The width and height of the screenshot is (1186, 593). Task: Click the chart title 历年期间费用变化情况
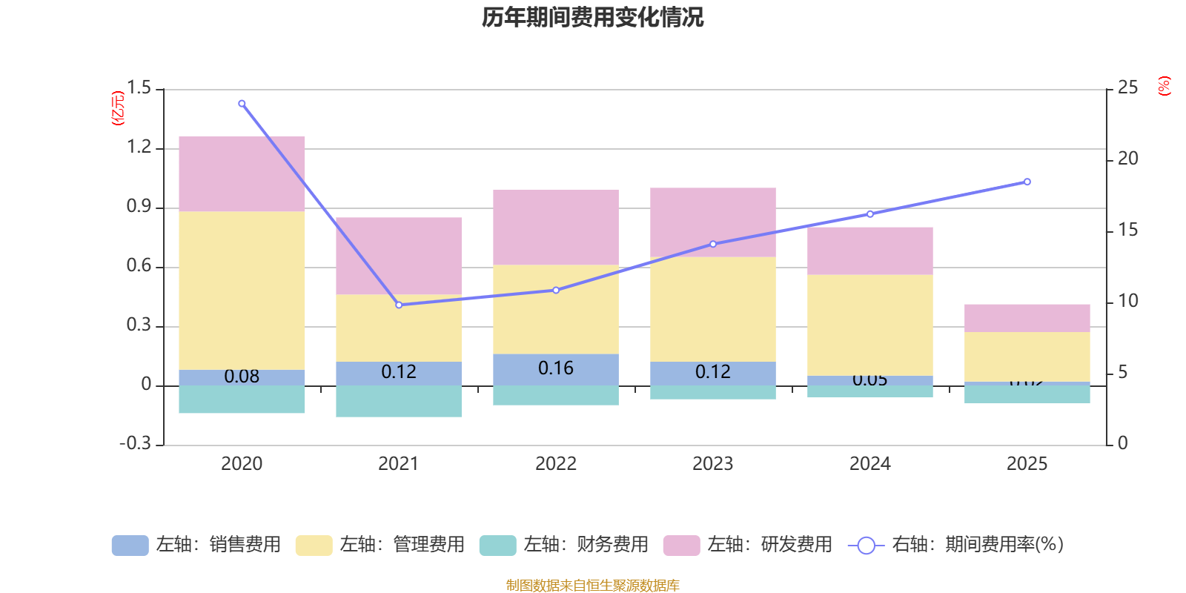click(592, 17)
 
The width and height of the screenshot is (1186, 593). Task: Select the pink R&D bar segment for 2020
click(242, 173)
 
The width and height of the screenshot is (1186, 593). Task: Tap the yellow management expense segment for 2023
click(712, 309)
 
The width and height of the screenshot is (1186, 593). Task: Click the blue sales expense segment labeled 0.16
click(556, 368)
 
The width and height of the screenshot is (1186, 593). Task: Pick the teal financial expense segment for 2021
click(399, 401)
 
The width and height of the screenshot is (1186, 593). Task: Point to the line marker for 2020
click(242, 104)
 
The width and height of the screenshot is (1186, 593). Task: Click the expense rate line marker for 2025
click(1027, 182)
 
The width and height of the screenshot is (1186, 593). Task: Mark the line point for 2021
click(399, 305)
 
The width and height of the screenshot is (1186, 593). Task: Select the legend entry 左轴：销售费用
click(196, 545)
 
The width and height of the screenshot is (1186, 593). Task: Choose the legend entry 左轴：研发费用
click(748, 545)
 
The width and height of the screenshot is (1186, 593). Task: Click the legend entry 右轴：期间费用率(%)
click(956, 545)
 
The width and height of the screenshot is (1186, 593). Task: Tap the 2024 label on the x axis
click(869, 464)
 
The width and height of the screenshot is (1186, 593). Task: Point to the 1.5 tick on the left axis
click(139, 88)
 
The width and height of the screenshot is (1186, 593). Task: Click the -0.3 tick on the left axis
click(135, 443)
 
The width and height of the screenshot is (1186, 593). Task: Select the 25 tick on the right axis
click(1127, 88)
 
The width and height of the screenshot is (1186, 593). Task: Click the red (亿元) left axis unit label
click(117, 108)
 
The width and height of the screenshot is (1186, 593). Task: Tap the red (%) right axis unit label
click(1164, 86)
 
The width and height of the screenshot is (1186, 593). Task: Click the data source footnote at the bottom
click(592, 586)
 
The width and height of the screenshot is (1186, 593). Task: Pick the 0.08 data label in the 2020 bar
click(242, 377)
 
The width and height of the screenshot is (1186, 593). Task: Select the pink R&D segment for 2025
click(1027, 317)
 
